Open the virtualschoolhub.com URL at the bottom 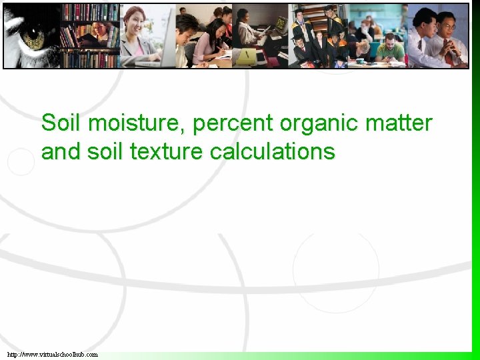tap(53, 354)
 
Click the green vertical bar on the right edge tap(475, 200)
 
